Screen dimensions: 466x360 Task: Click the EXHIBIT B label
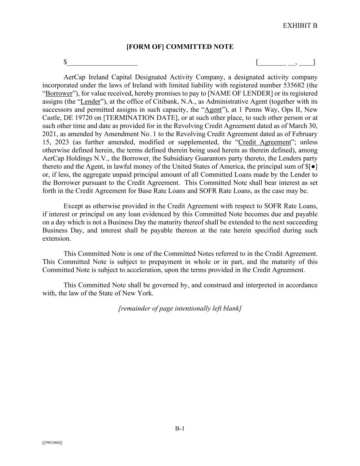click(300, 26)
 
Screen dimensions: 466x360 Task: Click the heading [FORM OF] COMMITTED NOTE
click(180, 47)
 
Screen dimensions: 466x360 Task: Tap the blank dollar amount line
click(102, 63)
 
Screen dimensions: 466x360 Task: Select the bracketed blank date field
click(285, 62)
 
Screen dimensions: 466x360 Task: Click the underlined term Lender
click(90, 102)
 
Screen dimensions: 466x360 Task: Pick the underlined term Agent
click(213, 110)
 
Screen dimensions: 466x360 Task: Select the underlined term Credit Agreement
click(264, 142)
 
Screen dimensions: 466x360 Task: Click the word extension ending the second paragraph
click(57, 239)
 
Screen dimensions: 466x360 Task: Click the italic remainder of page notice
click(180, 309)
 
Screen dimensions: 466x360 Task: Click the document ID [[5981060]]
click(52, 443)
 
